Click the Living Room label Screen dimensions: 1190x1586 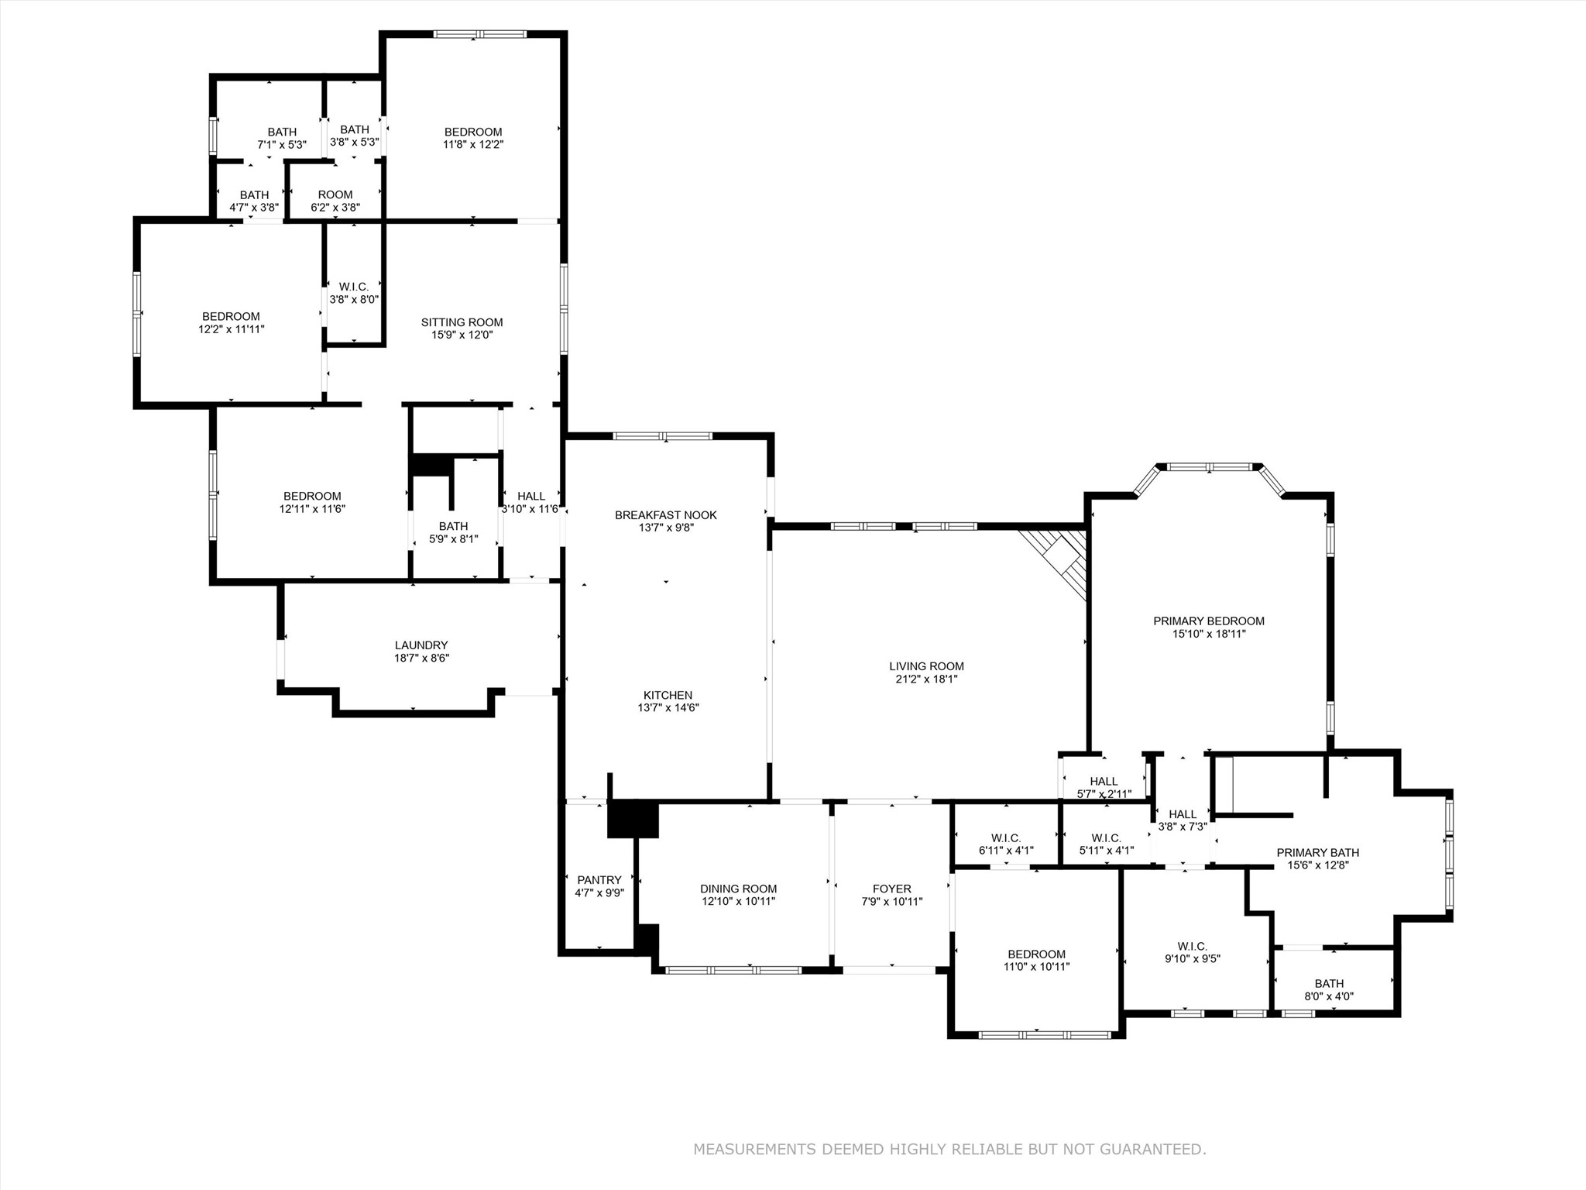pyautogui.click(x=926, y=666)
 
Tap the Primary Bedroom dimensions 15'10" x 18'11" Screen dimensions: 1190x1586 pyautogui.click(x=1208, y=634)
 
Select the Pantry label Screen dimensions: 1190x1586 pyautogui.click(x=599, y=880)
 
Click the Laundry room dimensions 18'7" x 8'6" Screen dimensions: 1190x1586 pyautogui.click(x=421, y=659)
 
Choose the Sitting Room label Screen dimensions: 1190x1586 pyautogui.click(x=462, y=322)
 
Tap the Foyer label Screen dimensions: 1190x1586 pyautogui.click(x=891, y=889)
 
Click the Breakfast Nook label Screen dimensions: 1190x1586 pyautogui.click(x=666, y=515)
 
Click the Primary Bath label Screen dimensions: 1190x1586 pyautogui.click(x=1317, y=853)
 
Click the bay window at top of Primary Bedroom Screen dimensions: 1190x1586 pyautogui.click(x=1210, y=467)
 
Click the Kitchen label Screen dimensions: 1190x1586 pyautogui.click(x=668, y=696)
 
